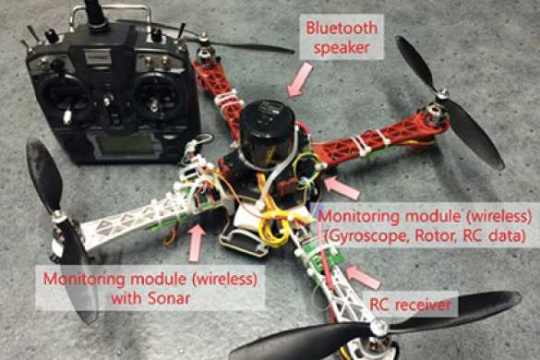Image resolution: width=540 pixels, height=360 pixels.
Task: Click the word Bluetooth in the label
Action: pyautogui.click(x=342, y=29)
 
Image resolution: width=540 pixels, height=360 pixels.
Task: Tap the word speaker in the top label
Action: pyautogui.click(x=342, y=48)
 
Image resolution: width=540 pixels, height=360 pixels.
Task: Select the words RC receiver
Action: pyautogui.click(x=410, y=305)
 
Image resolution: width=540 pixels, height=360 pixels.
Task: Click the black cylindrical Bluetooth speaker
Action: pyautogui.click(x=268, y=129)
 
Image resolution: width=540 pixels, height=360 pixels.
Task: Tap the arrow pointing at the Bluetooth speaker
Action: pyautogui.click(x=300, y=80)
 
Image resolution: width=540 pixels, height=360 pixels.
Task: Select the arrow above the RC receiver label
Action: pyautogui.click(x=363, y=277)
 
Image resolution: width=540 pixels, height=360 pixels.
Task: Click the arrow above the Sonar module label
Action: pyautogui.click(x=197, y=242)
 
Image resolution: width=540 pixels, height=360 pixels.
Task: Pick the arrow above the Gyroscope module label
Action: pyautogui.click(x=342, y=187)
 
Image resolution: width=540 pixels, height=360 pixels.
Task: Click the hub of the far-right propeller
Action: pyautogui.click(x=442, y=94)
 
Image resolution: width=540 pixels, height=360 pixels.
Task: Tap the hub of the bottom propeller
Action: pyautogui.click(x=378, y=326)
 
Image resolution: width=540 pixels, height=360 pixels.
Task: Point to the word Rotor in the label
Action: pyautogui.click(x=436, y=236)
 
